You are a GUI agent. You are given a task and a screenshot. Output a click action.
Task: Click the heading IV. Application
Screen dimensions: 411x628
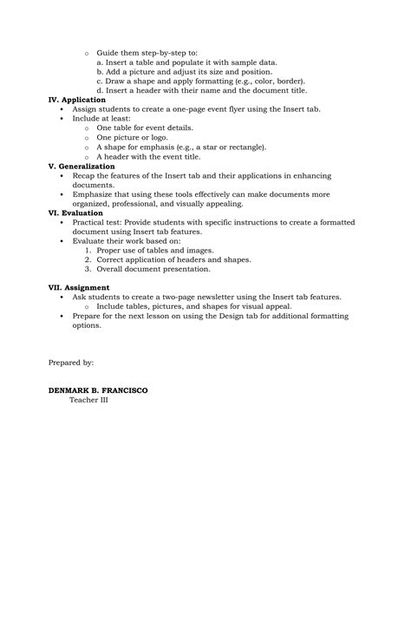(76, 100)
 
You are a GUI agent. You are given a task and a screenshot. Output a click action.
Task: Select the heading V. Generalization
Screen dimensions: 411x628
(82, 166)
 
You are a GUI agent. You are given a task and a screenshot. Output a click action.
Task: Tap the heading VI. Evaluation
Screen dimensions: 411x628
(75, 213)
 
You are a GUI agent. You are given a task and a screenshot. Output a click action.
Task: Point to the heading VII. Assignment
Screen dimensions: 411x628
(79, 287)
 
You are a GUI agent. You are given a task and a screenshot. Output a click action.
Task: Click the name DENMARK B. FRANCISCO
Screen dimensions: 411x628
(98, 390)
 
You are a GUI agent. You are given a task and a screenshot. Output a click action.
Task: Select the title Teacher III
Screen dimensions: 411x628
(88, 400)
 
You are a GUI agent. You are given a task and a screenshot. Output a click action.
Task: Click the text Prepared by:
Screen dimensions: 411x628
(71, 362)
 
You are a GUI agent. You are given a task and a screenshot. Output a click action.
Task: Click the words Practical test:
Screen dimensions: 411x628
(97, 222)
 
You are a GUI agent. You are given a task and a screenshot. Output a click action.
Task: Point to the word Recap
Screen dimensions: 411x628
(85, 175)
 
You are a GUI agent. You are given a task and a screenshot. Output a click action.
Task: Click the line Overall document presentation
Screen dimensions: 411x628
(153, 269)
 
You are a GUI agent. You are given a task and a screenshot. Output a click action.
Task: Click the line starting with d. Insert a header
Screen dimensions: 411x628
(201, 90)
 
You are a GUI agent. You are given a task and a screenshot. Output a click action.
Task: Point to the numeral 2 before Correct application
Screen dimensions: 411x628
(88, 259)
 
